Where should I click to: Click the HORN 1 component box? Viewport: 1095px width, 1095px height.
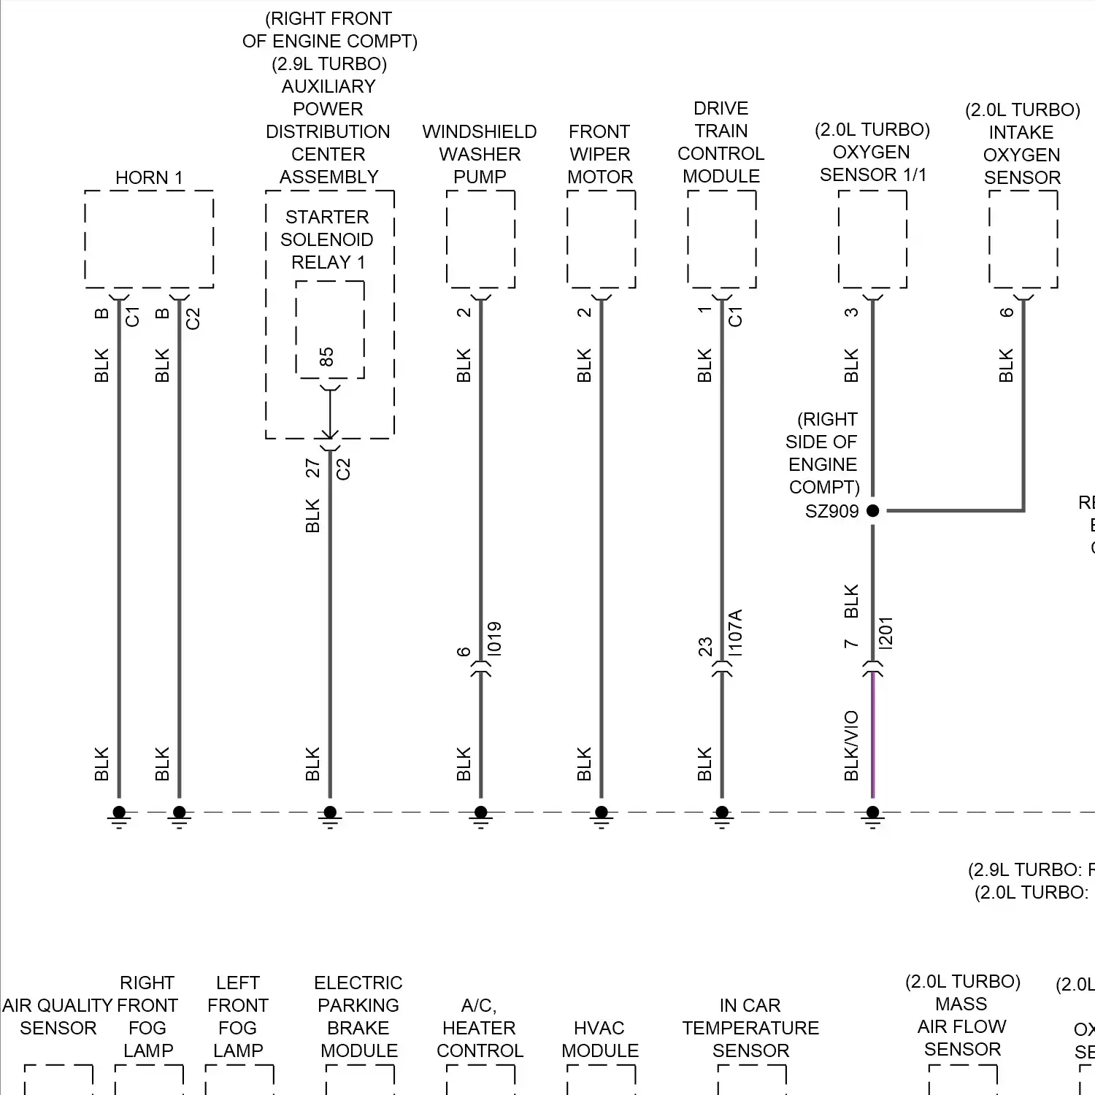pyautogui.click(x=149, y=239)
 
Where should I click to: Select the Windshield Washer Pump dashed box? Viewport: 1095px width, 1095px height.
pyautogui.click(x=480, y=239)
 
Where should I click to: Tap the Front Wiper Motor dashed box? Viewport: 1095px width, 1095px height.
pyautogui.click(x=601, y=239)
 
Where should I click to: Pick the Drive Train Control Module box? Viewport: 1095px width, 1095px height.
pyautogui.click(x=721, y=239)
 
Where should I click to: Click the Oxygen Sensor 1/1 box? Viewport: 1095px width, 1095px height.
pyautogui.click(x=872, y=239)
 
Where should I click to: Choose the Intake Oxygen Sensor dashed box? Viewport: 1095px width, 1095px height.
pyautogui.click(x=1023, y=239)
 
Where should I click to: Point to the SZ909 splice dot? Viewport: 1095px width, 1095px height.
pyautogui.click(x=872, y=511)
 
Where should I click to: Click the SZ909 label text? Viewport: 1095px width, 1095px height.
pyautogui.click(x=831, y=511)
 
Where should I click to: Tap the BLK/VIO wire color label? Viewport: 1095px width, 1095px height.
pyautogui.click(x=851, y=745)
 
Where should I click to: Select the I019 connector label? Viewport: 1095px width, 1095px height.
pyautogui.click(x=495, y=638)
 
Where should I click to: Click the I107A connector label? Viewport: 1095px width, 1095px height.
pyautogui.click(x=736, y=632)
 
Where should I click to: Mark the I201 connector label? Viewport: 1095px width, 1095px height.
pyautogui.click(x=886, y=633)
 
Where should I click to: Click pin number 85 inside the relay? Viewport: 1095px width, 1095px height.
pyautogui.click(x=326, y=357)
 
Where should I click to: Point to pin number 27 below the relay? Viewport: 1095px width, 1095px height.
pyautogui.click(x=313, y=468)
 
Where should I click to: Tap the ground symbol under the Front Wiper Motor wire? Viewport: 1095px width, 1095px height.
pyautogui.click(x=601, y=817)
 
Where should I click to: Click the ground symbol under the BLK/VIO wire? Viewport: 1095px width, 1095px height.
pyautogui.click(x=872, y=817)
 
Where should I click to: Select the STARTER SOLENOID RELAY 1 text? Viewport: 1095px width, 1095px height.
pyautogui.click(x=327, y=239)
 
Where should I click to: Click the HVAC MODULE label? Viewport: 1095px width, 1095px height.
pyautogui.click(x=600, y=1039)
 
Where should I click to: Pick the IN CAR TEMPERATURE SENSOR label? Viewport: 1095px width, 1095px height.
pyautogui.click(x=750, y=1028)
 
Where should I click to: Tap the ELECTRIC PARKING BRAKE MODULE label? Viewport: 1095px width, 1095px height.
pyautogui.click(x=358, y=1016)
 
